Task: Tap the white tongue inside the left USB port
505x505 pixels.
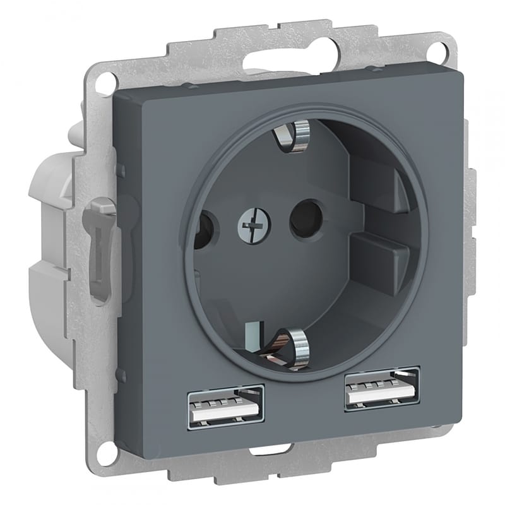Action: pyautogui.click(x=225, y=413)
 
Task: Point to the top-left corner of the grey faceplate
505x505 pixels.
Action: pyautogui.click(x=116, y=94)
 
